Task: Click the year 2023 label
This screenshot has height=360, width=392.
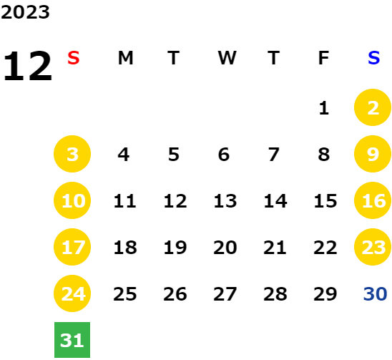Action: click(x=25, y=12)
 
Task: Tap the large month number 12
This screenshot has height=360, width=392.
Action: click(x=27, y=66)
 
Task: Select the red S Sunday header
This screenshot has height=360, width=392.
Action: click(x=74, y=58)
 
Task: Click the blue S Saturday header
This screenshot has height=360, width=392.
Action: click(x=373, y=58)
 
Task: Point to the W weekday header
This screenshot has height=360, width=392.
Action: click(x=227, y=58)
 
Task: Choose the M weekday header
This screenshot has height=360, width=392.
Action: click(x=125, y=58)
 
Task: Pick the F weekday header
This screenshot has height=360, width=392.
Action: click(x=323, y=58)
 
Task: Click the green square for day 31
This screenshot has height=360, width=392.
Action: click(x=72, y=340)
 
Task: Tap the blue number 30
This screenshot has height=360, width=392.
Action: click(x=375, y=293)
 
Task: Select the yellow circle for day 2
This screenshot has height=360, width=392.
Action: click(x=373, y=107)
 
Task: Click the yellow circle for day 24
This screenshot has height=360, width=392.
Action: click(x=72, y=293)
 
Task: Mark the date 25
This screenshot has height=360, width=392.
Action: click(x=125, y=293)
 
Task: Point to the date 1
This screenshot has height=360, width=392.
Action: click(x=324, y=108)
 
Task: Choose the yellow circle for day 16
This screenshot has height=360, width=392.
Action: click(x=373, y=200)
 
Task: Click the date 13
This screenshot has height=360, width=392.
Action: click(x=225, y=201)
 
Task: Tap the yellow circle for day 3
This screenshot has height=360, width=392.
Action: click(x=72, y=154)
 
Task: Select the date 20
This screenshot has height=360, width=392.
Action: click(x=225, y=248)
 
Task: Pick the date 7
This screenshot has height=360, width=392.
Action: click(x=274, y=155)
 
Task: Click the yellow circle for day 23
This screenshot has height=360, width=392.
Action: click(x=373, y=247)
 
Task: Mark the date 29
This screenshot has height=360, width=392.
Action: click(x=325, y=293)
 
